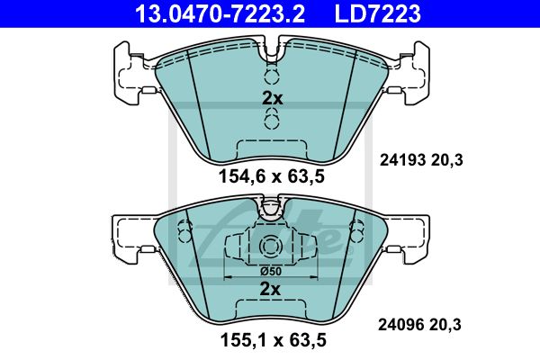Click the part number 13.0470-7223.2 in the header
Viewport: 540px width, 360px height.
point(220,13)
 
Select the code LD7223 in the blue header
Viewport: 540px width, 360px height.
point(377,13)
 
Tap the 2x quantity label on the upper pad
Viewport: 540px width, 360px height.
point(272,98)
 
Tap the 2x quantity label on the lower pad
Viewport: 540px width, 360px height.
point(270,289)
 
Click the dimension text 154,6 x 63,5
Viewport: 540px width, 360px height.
point(272,176)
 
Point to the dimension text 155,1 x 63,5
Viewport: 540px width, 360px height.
point(273,340)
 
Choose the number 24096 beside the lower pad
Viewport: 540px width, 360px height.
point(400,325)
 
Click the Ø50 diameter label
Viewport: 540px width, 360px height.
point(271,272)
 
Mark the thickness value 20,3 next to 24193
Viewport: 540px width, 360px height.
point(446,160)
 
